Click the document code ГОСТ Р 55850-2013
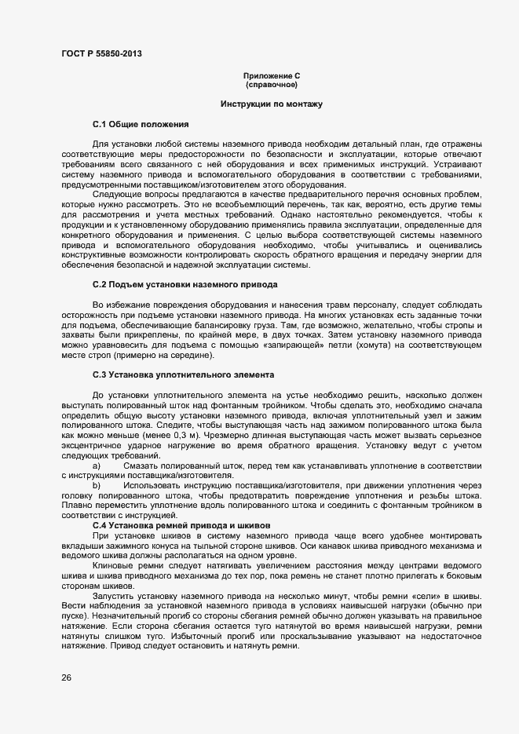(102, 54)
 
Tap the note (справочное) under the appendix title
(272, 84)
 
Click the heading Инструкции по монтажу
(272, 104)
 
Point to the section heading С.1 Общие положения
(141, 125)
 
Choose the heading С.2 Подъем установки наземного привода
(184, 283)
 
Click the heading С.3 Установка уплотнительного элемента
(184, 375)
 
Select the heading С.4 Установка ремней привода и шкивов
(181, 525)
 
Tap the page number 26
(67, 677)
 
